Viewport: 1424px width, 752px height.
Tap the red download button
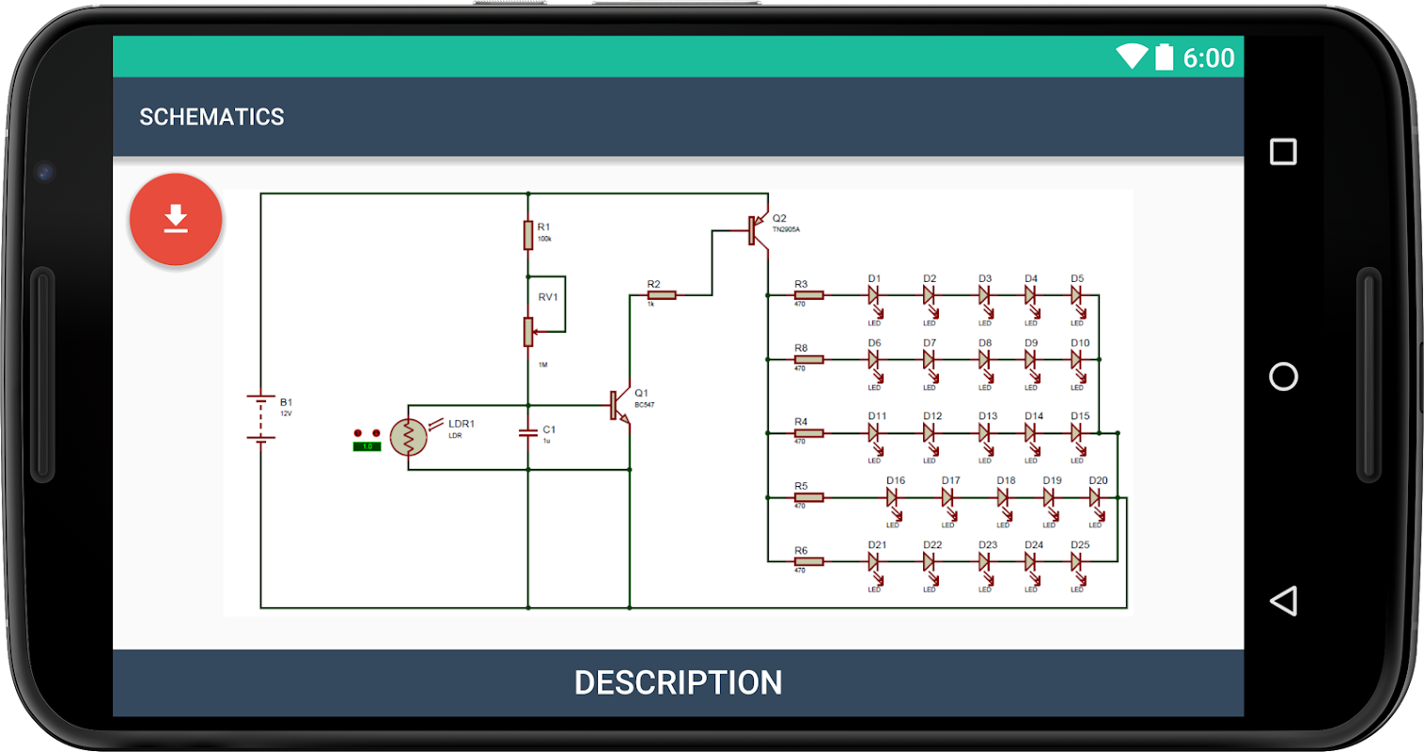[176, 220]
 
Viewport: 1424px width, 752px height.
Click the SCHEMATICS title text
[211, 117]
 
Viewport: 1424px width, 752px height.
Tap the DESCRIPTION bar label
[678, 682]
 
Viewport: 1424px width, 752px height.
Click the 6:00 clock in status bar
[1208, 58]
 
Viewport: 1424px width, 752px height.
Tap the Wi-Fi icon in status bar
[1132, 56]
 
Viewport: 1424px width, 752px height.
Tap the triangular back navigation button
[1283, 602]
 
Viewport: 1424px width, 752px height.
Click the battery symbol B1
[261, 417]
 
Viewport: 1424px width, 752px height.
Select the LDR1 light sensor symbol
[409, 437]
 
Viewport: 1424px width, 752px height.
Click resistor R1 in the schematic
[528, 234]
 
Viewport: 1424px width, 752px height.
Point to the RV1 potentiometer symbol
[528, 331]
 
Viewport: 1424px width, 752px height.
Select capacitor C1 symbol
[528, 433]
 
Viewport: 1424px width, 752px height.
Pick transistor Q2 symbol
[757, 229]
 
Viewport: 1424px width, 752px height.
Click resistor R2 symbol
[662, 295]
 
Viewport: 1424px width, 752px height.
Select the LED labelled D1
[874, 295]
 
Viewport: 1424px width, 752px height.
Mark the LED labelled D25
[1077, 562]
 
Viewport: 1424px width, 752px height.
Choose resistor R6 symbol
[808, 562]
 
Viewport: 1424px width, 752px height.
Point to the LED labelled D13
[985, 433]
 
